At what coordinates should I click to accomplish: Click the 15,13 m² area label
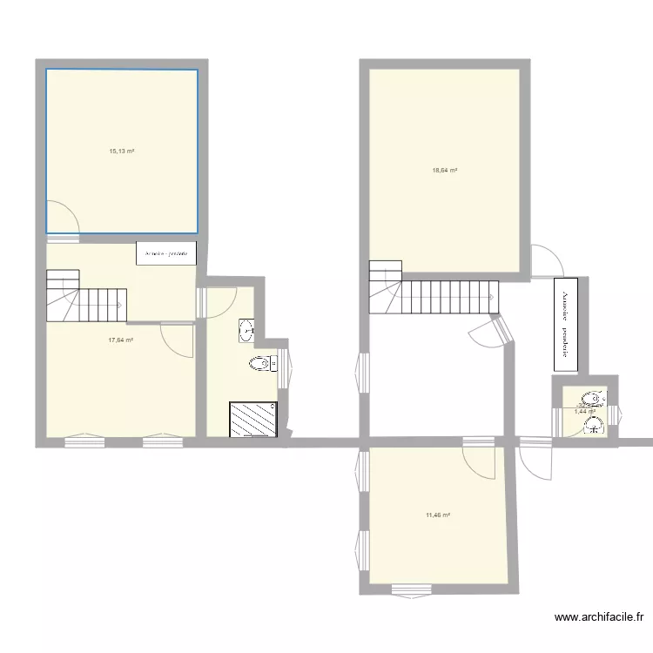tap(121, 151)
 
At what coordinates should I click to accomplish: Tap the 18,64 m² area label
tap(445, 171)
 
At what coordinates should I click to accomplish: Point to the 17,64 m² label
tap(120, 340)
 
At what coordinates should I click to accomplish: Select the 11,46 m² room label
tap(437, 515)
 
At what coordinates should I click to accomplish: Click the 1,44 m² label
tap(584, 411)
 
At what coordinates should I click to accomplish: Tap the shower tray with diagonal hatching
tap(252, 419)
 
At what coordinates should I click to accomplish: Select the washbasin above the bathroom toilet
tap(247, 330)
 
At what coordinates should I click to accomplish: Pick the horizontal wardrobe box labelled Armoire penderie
tap(166, 253)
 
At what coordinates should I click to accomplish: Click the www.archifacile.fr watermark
tap(599, 617)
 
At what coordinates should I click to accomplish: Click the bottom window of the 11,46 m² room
tap(411, 589)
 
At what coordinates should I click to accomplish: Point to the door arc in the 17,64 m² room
tap(179, 339)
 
